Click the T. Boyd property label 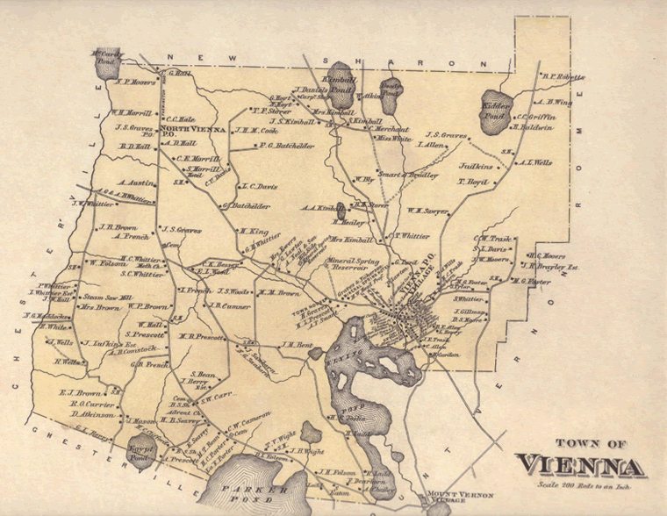point(472,182)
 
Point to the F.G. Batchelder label point(288,147)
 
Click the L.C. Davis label point(260,186)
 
